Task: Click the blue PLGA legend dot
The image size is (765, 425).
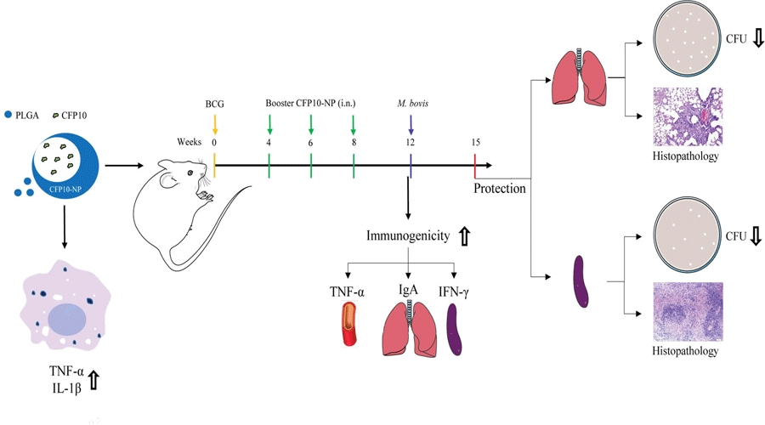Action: [x=8, y=113]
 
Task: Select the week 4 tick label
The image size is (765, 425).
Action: [x=269, y=143]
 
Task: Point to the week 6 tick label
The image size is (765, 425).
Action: [x=311, y=143]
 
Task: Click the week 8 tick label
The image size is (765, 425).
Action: [x=354, y=143]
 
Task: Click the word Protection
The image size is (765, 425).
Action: [x=500, y=188]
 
